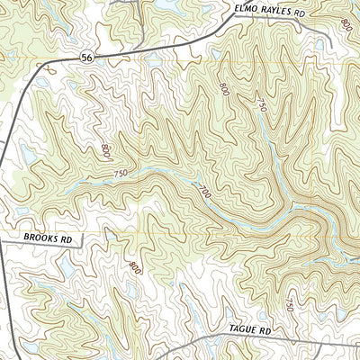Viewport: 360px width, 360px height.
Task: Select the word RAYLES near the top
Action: (279, 14)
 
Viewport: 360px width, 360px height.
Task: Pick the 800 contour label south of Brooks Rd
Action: (135, 267)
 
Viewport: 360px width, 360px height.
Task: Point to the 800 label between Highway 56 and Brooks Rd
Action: (106, 148)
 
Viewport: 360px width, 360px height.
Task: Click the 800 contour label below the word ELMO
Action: (224, 88)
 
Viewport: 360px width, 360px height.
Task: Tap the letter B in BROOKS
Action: (18, 240)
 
